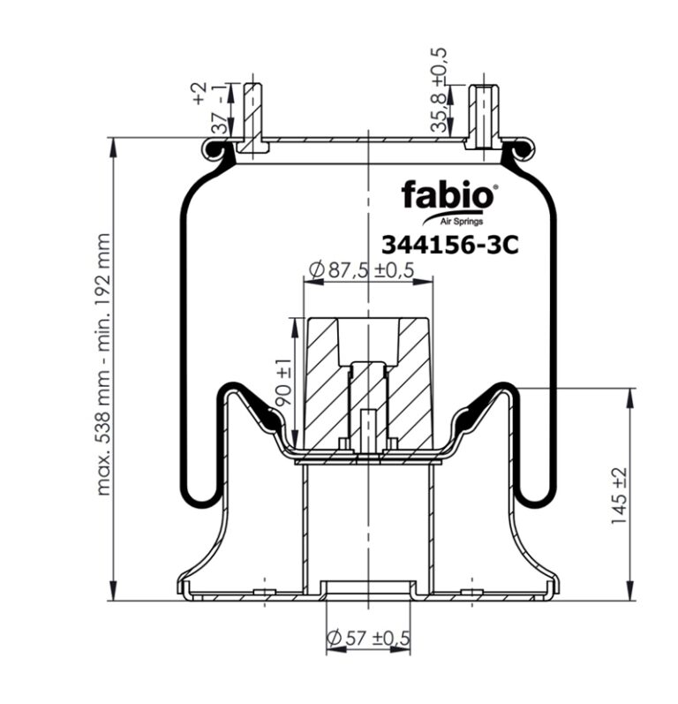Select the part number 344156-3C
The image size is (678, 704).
coord(449,246)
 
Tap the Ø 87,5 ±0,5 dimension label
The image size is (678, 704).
coord(361,269)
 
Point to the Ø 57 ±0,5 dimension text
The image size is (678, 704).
coord(368,638)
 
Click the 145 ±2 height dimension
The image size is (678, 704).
coord(619,496)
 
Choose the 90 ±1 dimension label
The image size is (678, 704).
coord(283,382)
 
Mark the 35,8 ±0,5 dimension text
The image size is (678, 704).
coord(439,90)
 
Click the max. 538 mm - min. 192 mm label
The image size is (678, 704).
coord(103,364)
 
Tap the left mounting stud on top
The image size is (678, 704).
coord(252,117)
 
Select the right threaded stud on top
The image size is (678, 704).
coord(484,117)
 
